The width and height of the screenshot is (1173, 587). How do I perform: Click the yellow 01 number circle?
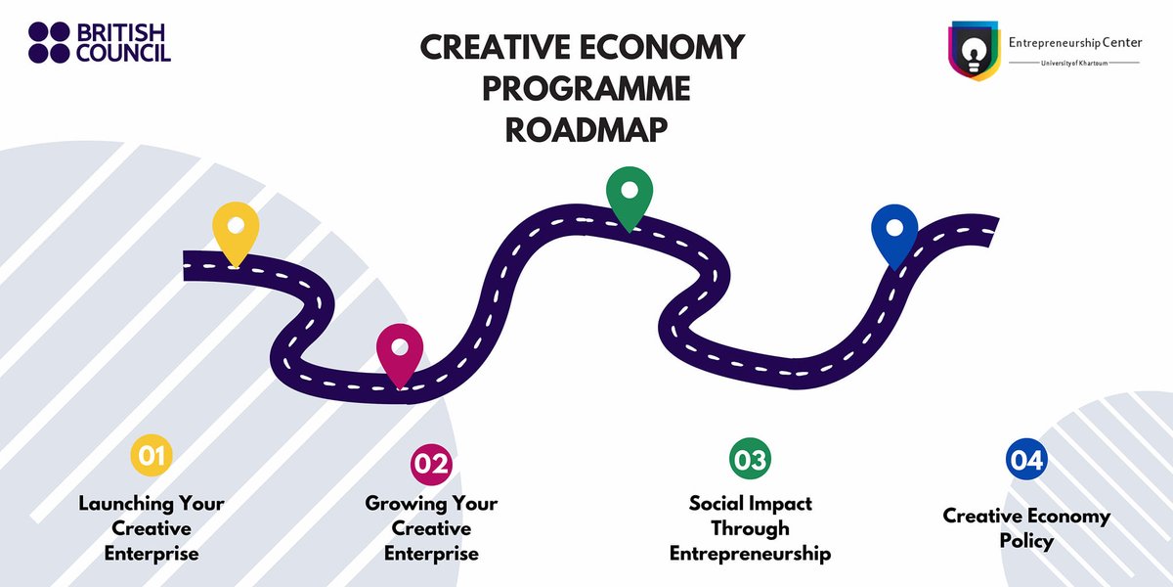click(x=152, y=455)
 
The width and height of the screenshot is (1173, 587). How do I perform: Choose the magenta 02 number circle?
click(x=431, y=464)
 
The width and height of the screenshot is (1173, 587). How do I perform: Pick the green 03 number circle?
click(x=750, y=459)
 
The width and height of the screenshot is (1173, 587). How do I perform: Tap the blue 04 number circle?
click(x=1026, y=460)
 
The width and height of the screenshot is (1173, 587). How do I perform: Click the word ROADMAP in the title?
click(x=586, y=130)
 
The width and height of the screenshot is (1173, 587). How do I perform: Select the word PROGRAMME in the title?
click(x=586, y=89)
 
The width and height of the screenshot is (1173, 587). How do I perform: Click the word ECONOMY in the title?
click(x=662, y=47)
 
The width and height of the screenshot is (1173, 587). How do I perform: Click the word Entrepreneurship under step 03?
click(x=750, y=554)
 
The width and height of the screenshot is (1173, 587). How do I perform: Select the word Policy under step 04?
click(x=1026, y=541)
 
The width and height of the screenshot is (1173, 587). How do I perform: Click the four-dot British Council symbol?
click(x=49, y=42)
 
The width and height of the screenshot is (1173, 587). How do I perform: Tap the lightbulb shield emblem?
click(x=974, y=51)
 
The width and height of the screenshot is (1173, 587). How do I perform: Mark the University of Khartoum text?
click(x=1074, y=64)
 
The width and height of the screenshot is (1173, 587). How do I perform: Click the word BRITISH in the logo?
click(x=121, y=32)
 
